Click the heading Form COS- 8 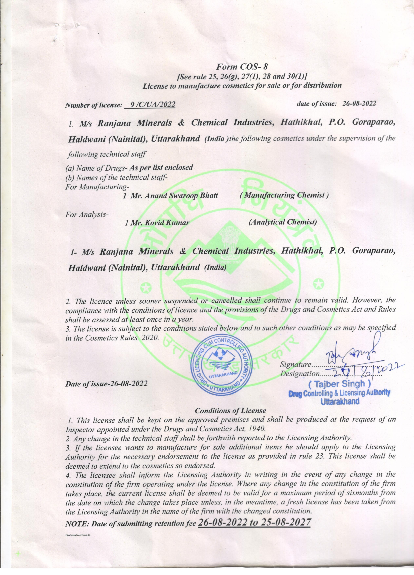(x=242, y=67)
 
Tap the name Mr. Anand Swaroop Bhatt (x=174, y=196)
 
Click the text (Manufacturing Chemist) (x=284, y=195)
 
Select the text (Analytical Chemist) (x=283, y=222)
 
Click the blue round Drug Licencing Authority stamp (x=221, y=365)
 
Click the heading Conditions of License (x=230, y=410)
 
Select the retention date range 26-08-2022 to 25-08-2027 (x=254, y=522)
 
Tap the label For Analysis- (x=87, y=214)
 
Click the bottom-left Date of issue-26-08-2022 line (x=107, y=383)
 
